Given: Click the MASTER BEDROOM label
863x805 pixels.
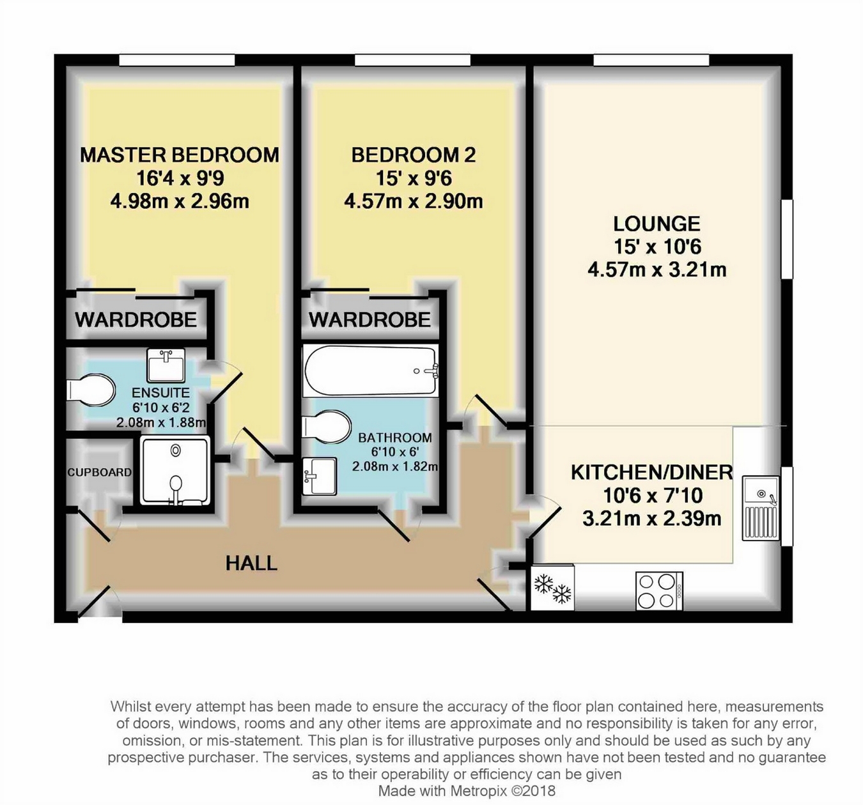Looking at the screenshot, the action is (x=180, y=155).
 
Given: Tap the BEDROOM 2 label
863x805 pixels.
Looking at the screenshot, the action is (x=413, y=155).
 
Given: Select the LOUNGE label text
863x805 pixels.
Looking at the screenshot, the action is (x=657, y=224).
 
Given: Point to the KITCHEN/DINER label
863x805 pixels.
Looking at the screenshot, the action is (x=652, y=473).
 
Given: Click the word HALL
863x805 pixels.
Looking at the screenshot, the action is (x=251, y=563).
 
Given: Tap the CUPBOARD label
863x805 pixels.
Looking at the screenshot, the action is (x=100, y=472).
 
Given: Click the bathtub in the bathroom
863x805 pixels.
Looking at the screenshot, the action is (x=369, y=371).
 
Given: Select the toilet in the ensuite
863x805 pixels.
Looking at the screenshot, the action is (x=90, y=390).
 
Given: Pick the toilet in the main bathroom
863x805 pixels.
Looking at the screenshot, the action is (x=326, y=426).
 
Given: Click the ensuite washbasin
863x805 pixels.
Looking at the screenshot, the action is (x=166, y=365).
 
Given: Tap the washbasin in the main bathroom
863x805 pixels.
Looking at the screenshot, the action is (x=320, y=476).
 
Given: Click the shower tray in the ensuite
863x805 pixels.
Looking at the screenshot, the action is (x=175, y=471).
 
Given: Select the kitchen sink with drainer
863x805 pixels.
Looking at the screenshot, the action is (x=761, y=509).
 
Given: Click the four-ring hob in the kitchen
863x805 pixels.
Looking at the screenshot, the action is (x=659, y=591).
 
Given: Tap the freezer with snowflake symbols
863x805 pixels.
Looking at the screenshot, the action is (x=552, y=587).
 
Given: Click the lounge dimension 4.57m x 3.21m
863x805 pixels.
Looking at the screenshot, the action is (x=657, y=270).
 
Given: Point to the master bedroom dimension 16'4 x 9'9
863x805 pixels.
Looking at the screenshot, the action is (x=180, y=178).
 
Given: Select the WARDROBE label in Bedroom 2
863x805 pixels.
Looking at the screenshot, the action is (x=369, y=319).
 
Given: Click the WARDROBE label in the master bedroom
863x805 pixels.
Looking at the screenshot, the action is (x=136, y=319).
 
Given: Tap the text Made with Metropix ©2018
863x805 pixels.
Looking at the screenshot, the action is (x=467, y=790).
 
